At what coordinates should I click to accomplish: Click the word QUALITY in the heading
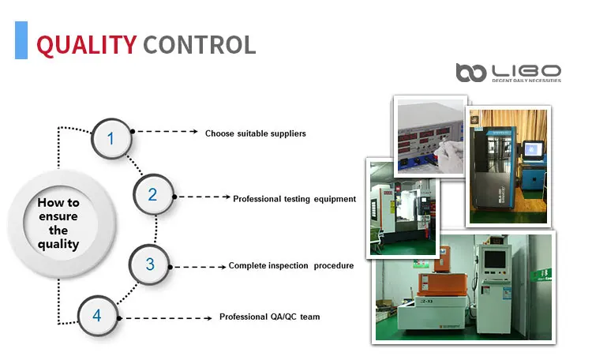tap(86, 43)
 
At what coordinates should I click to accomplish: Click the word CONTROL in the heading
tap(199, 43)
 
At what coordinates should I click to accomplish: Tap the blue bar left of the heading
tap(21, 40)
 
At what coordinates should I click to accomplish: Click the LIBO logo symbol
tap(472, 72)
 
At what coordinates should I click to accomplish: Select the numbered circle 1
tap(111, 139)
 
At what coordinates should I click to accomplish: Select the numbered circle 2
tap(152, 195)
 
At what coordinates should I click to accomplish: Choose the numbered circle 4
tap(97, 316)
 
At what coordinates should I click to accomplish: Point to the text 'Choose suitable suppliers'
tap(255, 133)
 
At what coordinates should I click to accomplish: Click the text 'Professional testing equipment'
tap(294, 199)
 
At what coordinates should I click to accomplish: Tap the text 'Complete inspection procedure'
tap(290, 266)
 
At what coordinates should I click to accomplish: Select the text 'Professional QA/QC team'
tap(269, 317)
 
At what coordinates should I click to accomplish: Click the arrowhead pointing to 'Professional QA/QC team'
tap(209, 317)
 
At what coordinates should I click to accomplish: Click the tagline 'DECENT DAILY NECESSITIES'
tap(526, 81)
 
